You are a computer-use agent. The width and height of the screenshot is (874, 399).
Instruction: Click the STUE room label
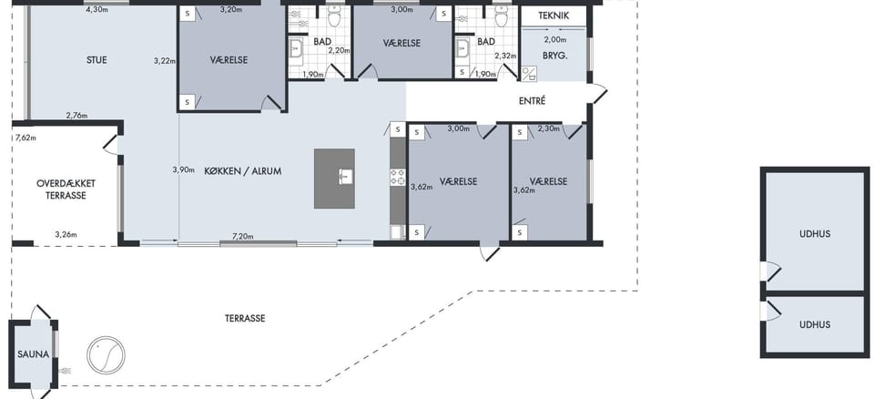pos(97,60)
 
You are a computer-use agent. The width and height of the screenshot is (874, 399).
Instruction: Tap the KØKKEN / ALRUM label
pos(242,171)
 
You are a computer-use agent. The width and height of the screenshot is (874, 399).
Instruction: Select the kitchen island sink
pos(346,177)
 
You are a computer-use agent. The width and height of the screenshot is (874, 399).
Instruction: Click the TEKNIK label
pos(554,15)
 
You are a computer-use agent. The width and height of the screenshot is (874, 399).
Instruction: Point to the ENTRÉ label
pos(532,101)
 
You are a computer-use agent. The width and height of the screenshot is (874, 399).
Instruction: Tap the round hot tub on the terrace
pos(106,355)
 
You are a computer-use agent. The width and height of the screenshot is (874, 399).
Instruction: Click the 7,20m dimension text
pos(242,237)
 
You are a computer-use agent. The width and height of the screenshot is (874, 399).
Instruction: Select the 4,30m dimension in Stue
pos(97,9)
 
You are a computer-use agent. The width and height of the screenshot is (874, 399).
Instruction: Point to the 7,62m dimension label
pos(25,138)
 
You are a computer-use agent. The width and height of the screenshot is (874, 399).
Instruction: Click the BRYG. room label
pos(555,56)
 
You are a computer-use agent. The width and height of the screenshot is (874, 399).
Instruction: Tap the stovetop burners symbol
pos(398,177)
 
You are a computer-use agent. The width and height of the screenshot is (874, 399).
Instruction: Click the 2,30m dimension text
pos(548,129)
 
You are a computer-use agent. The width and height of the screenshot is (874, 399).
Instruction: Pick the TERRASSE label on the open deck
pos(245,319)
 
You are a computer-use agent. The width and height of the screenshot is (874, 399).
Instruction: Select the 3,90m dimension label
pos(183,169)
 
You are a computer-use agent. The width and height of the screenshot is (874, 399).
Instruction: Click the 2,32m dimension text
pos(505,56)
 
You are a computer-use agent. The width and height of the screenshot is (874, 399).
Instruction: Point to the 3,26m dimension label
pos(66,234)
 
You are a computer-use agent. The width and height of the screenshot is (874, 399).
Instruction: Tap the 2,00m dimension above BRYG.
pos(555,39)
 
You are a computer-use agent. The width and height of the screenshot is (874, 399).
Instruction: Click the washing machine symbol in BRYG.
pos(529,73)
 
